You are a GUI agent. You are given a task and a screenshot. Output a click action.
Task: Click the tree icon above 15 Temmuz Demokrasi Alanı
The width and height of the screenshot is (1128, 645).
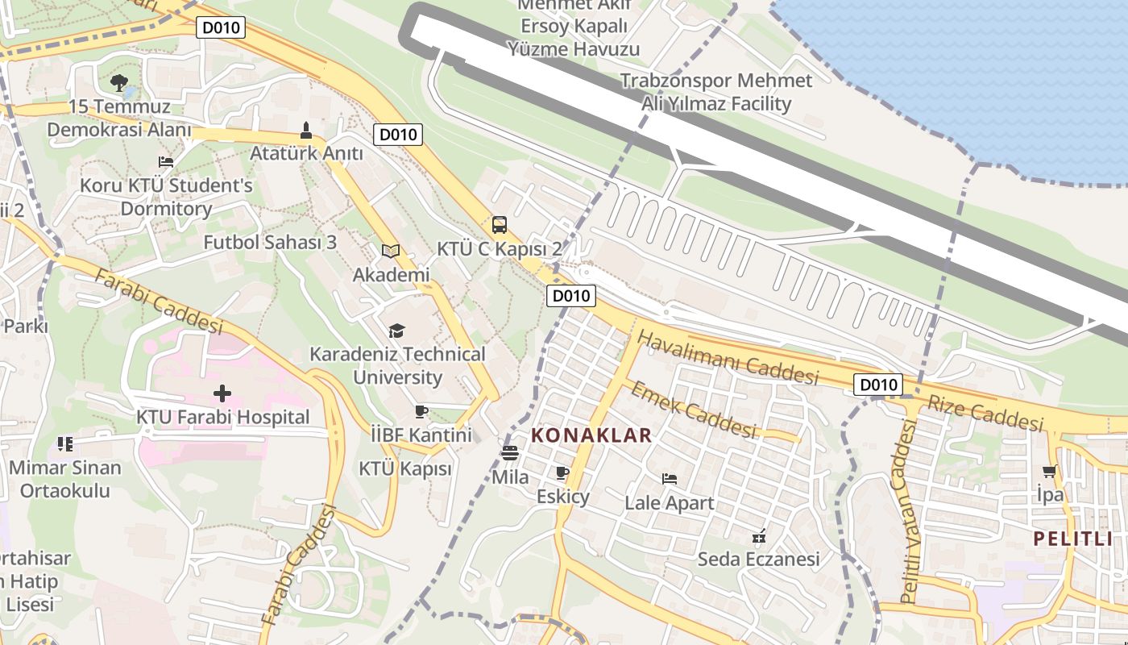(x=119, y=81)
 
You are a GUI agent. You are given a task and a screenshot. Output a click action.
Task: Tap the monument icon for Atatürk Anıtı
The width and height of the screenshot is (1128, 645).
(x=306, y=130)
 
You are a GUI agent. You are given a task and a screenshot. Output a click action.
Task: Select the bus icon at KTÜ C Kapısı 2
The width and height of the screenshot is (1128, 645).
(x=500, y=225)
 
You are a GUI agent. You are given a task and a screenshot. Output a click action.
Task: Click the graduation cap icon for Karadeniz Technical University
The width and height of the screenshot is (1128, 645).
(x=396, y=331)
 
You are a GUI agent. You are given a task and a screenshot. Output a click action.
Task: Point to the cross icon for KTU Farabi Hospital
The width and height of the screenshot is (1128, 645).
(x=222, y=393)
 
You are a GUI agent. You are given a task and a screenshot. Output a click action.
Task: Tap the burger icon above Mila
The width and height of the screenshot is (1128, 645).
(x=509, y=453)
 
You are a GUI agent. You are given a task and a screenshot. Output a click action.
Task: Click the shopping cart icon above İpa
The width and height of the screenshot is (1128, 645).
(x=1049, y=471)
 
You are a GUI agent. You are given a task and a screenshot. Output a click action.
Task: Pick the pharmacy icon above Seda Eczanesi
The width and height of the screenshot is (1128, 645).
(x=758, y=535)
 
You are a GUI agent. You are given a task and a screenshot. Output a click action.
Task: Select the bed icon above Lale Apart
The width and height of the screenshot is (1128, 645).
(x=669, y=479)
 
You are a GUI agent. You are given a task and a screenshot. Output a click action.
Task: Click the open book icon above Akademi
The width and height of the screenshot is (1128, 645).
(x=391, y=252)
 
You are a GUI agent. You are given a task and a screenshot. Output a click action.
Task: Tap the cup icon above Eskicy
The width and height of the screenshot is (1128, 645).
(x=562, y=472)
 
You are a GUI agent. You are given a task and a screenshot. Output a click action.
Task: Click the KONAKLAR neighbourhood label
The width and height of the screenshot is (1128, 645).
(x=591, y=436)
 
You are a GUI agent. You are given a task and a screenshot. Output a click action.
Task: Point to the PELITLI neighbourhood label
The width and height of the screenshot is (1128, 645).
(x=1073, y=539)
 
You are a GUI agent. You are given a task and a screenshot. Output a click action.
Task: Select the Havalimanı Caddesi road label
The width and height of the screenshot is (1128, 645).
(x=727, y=359)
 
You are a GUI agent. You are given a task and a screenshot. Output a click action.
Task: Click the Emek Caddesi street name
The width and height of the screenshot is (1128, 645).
(x=693, y=410)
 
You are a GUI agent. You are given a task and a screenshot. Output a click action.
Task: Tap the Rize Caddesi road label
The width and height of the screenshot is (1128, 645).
(x=985, y=413)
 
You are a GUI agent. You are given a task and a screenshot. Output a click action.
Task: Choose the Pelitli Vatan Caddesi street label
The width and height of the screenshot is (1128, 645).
(x=908, y=513)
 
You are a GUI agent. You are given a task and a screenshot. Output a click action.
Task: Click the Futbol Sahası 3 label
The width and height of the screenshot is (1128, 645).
(x=270, y=242)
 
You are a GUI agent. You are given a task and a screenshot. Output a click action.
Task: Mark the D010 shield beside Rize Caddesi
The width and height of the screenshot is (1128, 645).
(x=878, y=385)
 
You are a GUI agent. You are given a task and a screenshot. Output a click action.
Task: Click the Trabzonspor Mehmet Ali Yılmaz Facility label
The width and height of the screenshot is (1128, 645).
(x=716, y=92)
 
